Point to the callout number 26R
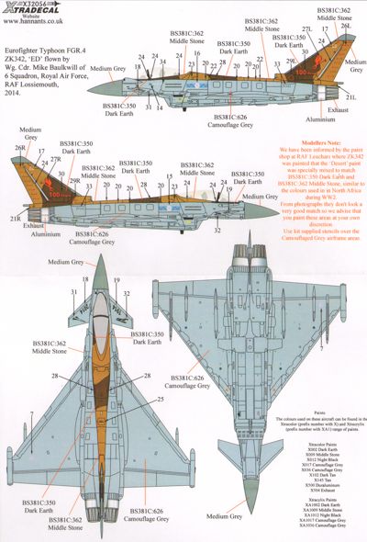(20, 147)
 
